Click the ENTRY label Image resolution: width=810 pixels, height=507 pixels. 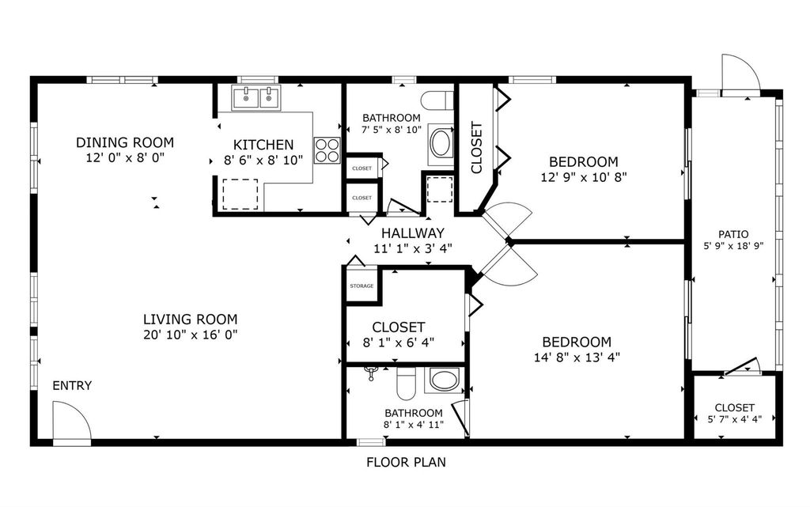coord(72,386)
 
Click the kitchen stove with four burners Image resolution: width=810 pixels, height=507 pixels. coord(327,150)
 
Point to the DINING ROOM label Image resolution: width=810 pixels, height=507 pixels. coord(125,142)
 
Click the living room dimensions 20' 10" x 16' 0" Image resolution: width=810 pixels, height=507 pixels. coord(190,335)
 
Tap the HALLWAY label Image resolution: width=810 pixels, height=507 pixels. coord(413,233)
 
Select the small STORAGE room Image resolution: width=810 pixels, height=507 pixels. coord(361,286)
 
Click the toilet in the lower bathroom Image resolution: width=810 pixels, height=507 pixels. coord(405,384)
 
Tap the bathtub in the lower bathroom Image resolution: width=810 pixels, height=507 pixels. coord(445,380)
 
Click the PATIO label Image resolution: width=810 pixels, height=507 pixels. coord(733,234)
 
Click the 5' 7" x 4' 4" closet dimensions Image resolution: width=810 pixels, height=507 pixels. coord(735,419)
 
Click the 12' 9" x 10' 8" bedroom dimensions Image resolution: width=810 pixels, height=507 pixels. coord(584,177)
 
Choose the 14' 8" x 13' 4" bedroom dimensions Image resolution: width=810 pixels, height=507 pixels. coord(577,357)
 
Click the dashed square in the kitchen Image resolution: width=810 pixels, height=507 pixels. coord(240,194)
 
